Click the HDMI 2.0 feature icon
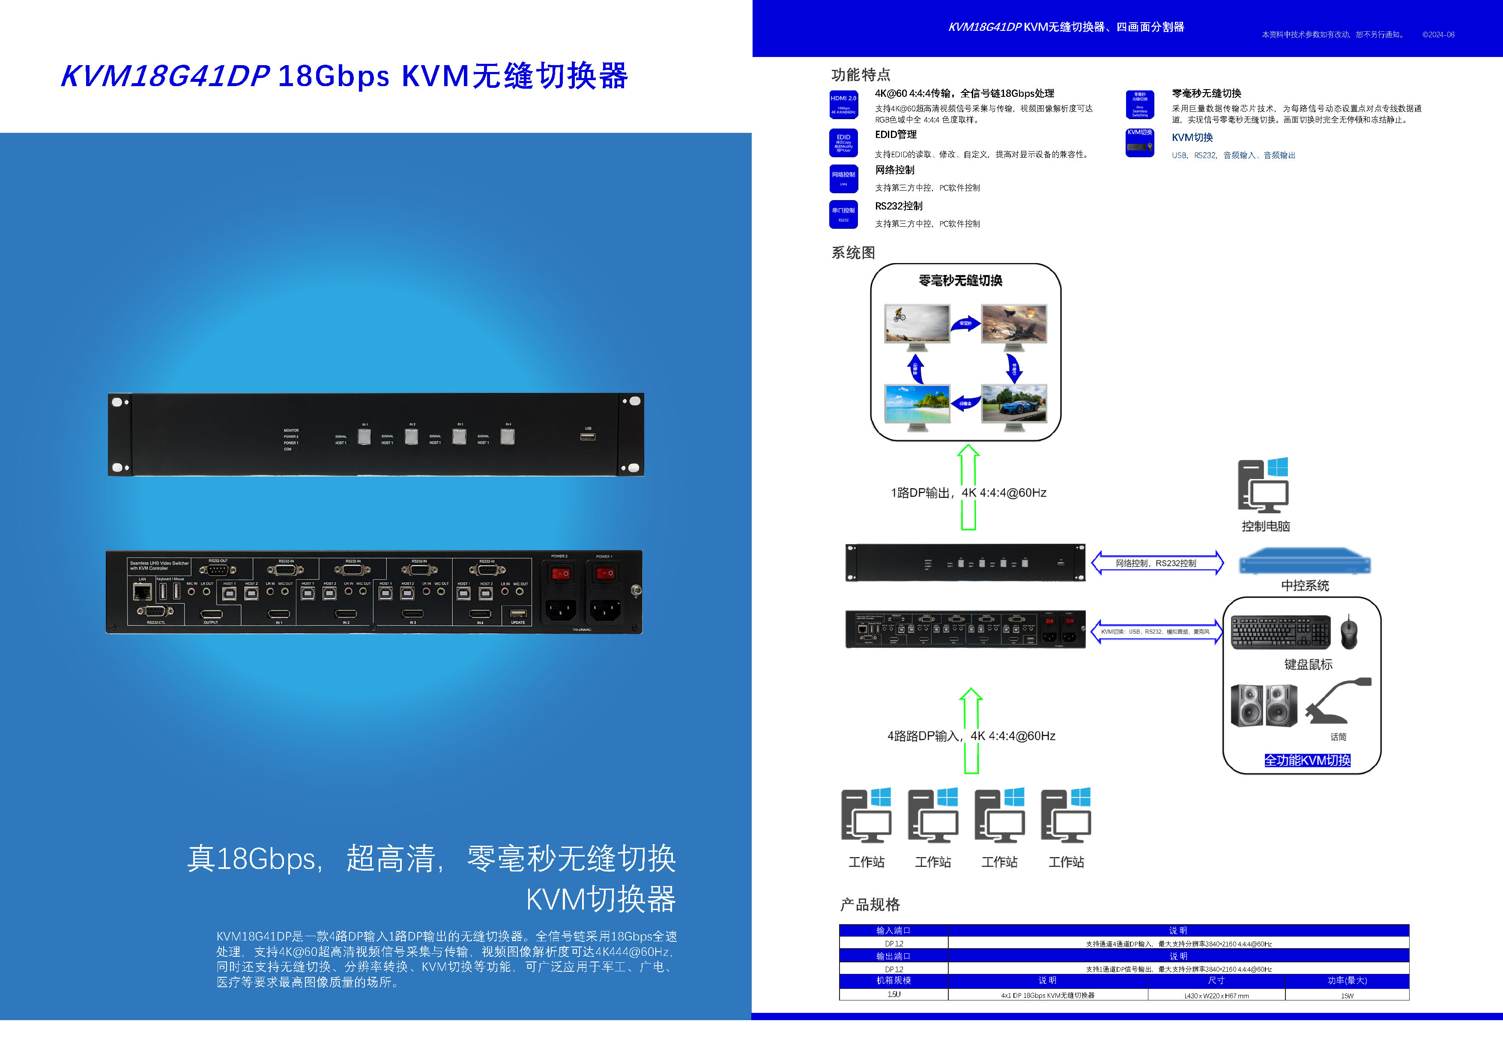pos(843,105)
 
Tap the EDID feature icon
pos(843,142)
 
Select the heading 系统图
pos(853,253)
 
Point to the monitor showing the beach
pos(917,405)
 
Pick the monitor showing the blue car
pos(1013,405)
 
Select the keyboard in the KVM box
pos(1280,632)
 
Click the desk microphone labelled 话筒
pos(1337,701)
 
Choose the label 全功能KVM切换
pos(1307,761)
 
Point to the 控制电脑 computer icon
pos(1263,485)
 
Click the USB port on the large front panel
pos(587,436)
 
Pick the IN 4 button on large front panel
pos(507,436)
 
